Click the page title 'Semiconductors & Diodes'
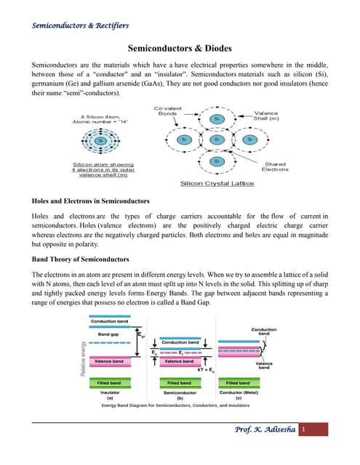pos(180,48)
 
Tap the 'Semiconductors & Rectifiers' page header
pos(80,25)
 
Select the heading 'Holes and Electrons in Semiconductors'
pos(90,201)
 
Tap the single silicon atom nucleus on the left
pos(112,140)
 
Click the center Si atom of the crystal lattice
pos(217,139)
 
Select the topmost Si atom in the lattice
pos(217,118)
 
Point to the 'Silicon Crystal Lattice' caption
pos(217,184)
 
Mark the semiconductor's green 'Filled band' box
pos(180,382)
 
